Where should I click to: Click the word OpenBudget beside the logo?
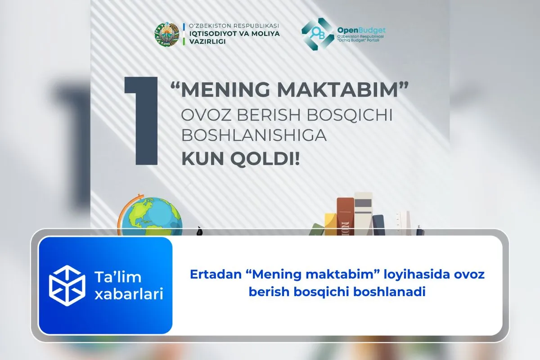(361, 30)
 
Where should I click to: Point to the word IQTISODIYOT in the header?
(210, 33)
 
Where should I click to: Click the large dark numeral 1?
(143, 121)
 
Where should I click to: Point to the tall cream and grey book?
(363, 211)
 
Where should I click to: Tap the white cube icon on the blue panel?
(67, 285)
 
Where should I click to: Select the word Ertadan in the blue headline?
(210, 274)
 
